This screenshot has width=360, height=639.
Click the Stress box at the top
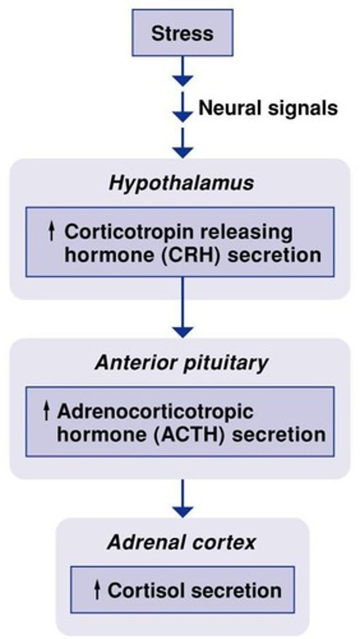pyautogui.click(x=182, y=33)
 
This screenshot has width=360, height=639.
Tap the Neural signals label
pyautogui.click(x=268, y=109)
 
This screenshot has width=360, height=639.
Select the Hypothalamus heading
pyautogui.click(x=181, y=184)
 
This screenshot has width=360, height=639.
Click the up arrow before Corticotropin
pyautogui.click(x=52, y=233)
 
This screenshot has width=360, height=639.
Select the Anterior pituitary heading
pyautogui.click(x=181, y=364)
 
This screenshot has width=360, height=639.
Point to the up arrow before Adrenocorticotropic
pyautogui.click(x=47, y=411)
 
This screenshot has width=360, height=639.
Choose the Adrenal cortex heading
pyautogui.click(x=182, y=543)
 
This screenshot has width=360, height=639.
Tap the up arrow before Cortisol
pyautogui.click(x=97, y=590)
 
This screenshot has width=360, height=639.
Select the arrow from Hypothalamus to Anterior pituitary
pyautogui.click(x=183, y=309)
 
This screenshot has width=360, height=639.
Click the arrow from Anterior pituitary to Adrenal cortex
pyautogui.click(x=183, y=498)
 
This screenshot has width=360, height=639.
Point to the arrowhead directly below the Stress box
pyautogui.click(x=183, y=80)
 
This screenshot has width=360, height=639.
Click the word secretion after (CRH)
pyautogui.click(x=279, y=254)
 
